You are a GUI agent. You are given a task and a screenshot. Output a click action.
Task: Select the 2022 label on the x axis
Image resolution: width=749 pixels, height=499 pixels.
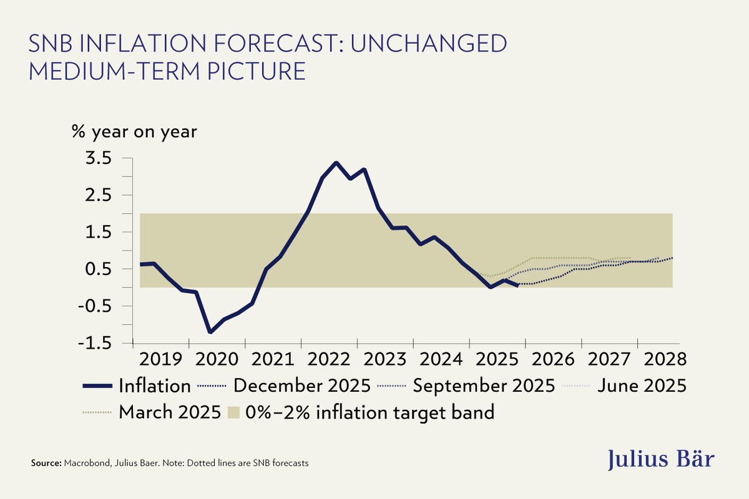click(329, 360)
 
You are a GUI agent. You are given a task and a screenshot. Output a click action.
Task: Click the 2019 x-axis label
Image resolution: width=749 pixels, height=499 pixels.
click(161, 360)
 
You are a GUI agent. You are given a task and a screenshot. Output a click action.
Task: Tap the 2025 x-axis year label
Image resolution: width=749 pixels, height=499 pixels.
click(497, 360)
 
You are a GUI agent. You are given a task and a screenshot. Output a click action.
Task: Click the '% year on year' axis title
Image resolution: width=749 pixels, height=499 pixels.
click(134, 132)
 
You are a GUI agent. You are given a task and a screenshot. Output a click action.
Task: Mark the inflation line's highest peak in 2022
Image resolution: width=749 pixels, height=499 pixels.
click(336, 163)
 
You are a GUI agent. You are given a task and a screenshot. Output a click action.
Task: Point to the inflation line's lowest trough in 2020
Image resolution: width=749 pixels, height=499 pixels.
click(210, 332)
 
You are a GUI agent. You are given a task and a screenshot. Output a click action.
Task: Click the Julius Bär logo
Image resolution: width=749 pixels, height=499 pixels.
click(662, 460)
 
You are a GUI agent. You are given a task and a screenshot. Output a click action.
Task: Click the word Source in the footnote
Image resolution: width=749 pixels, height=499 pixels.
click(45, 464)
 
